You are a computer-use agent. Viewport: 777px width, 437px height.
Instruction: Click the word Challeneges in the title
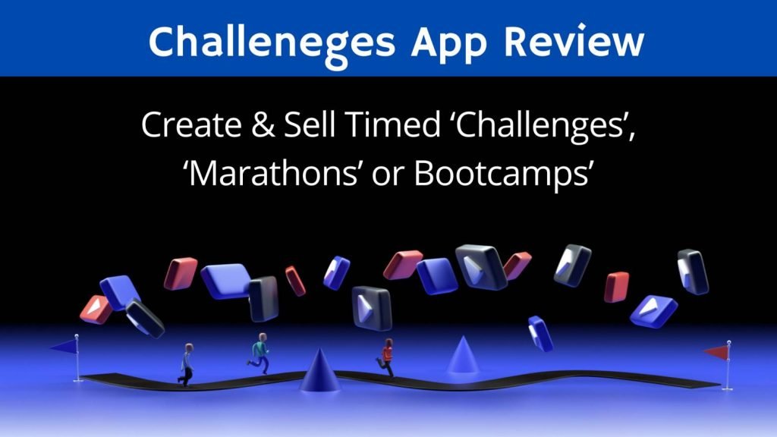(272, 43)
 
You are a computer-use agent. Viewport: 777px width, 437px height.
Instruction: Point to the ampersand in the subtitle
(263, 125)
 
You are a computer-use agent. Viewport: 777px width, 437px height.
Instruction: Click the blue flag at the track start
(66, 346)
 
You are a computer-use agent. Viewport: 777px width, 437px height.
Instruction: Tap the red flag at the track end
(716, 352)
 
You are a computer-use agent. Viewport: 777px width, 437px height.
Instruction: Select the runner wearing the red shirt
(386, 357)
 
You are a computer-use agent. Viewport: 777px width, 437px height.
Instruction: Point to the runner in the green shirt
(260, 352)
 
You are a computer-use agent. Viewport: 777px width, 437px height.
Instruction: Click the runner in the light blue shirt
(187, 364)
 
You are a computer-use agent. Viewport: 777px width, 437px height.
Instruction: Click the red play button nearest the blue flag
(96, 310)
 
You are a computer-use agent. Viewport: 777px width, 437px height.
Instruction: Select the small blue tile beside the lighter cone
(540, 334)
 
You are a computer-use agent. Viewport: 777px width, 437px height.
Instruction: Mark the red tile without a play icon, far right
(616, 287)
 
